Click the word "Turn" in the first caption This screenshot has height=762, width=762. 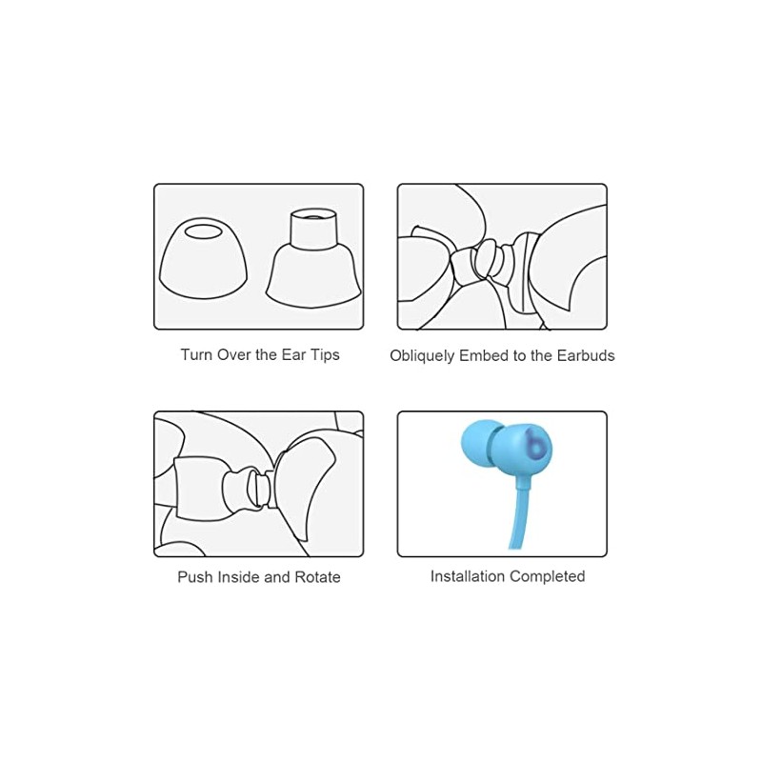coord(196,354)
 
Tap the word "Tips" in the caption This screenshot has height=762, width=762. coord(323,355)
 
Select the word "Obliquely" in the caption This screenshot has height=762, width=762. coord(423,356)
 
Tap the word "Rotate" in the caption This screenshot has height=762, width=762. coord(317,577)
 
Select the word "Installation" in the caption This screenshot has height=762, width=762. coord(468,576)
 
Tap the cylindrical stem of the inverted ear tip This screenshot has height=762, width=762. coord(313,229)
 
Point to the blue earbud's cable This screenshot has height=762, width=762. coord(521,514)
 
